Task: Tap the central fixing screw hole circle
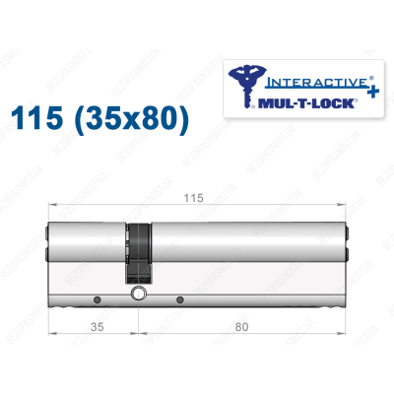coord(137,293)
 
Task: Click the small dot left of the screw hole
coord(96,298)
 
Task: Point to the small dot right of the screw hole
coord(178,298)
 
